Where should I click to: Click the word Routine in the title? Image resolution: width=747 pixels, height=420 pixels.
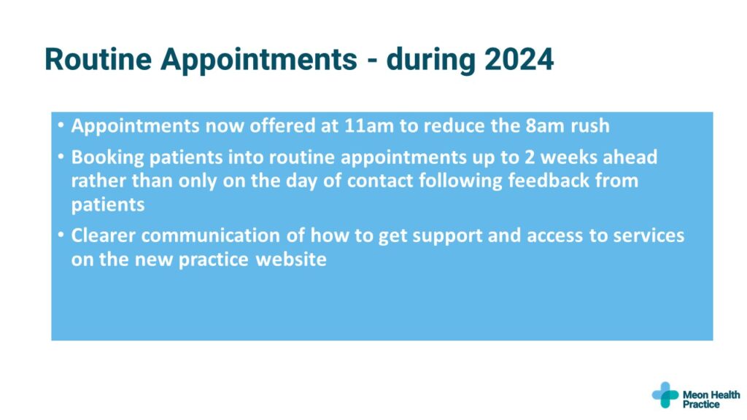click(x=98, y=59)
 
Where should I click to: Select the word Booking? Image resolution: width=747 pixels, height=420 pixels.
click(x=108, y=157)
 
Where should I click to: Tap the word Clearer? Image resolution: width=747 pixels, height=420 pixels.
click(x=104, y=236)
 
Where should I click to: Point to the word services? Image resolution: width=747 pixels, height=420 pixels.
click(x=649, y=236)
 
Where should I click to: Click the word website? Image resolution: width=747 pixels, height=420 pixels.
click(x=291, y=260)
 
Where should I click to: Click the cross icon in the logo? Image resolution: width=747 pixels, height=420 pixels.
click(x=665, y=394)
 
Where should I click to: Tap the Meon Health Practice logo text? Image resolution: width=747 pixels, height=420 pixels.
click(x=711, y=400)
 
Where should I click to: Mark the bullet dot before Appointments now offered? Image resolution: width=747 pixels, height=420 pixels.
click(x=61, y=125)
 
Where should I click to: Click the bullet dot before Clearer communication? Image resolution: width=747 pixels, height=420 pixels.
click(x=61, y=235)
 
